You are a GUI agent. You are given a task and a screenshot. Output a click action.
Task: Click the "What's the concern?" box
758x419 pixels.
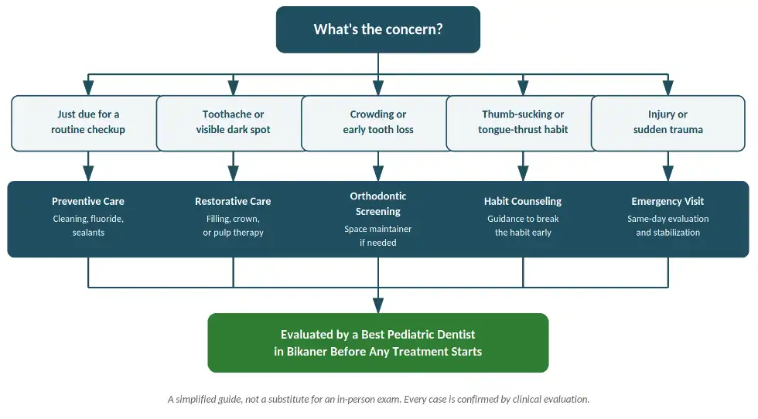(378, 29)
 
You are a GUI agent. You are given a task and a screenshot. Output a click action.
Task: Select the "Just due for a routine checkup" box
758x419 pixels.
(88, 123)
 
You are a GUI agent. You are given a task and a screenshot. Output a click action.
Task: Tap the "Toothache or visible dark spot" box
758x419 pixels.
(233, 123)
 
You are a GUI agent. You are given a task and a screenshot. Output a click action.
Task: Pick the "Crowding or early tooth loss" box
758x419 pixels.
(378, 123)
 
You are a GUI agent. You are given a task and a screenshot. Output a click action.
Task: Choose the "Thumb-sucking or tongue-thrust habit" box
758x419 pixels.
(523, 123)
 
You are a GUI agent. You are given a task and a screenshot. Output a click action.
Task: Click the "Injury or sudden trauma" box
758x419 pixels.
(668, 123)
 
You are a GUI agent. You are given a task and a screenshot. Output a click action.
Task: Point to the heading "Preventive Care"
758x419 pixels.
(88, 201)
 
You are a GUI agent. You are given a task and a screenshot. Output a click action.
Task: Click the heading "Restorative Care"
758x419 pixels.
(233, 201)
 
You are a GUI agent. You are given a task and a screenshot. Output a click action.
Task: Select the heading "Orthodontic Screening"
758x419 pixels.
(378, 203)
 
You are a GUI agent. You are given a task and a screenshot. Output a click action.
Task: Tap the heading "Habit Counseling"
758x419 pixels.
(523, 201)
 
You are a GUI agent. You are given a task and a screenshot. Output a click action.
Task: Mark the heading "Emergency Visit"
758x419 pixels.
(668, 201)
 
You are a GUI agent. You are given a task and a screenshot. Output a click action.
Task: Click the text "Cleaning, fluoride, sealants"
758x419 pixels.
(88, 226)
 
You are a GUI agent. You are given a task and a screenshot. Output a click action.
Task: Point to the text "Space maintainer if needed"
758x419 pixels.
(378, 236)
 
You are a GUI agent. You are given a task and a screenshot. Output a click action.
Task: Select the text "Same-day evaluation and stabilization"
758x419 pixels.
(668, 226)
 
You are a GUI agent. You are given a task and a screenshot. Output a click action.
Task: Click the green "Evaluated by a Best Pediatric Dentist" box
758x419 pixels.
(378, 342)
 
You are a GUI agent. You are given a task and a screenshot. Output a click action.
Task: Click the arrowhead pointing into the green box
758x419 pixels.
(378, 305)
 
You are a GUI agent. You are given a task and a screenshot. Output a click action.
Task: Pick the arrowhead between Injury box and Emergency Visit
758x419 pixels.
(668, 173)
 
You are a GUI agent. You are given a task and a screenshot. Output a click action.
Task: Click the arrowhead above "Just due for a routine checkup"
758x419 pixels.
(88, 88)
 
